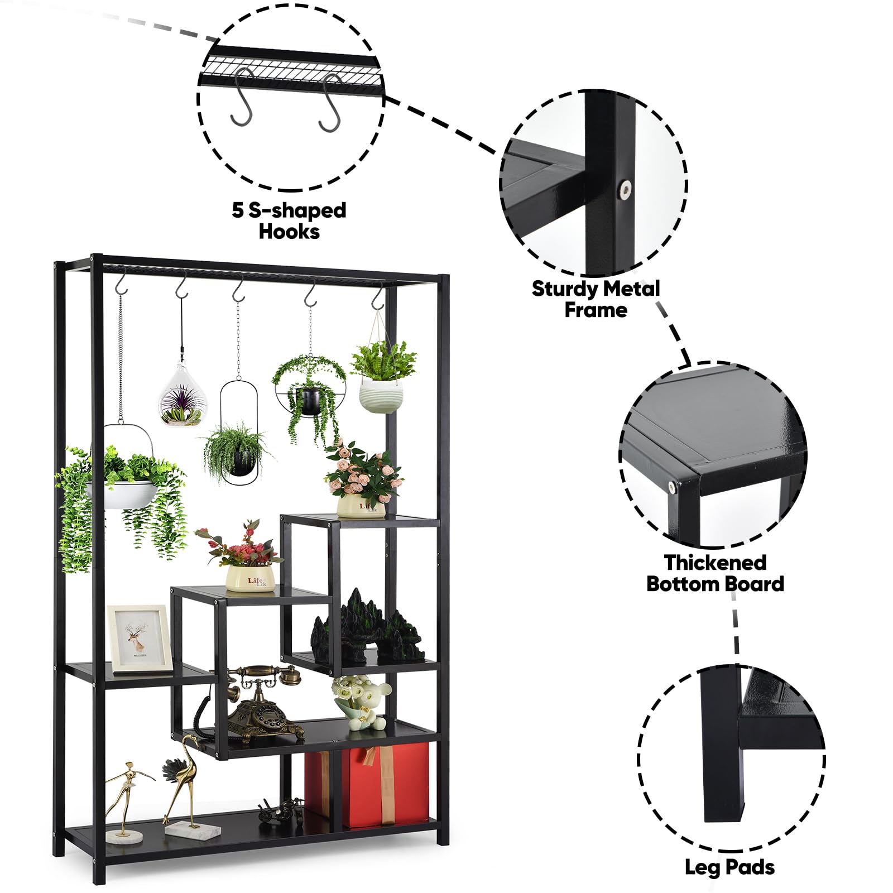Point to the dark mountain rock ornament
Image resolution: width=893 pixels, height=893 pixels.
(x=368, y=628)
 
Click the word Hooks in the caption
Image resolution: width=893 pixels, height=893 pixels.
(x=289, y=232)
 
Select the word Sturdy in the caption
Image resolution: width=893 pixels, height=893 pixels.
(x=563, y=289)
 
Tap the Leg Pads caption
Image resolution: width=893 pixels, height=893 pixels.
(x=729, y=867)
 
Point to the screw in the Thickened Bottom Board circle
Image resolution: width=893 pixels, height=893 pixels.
(x=673, y=487)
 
